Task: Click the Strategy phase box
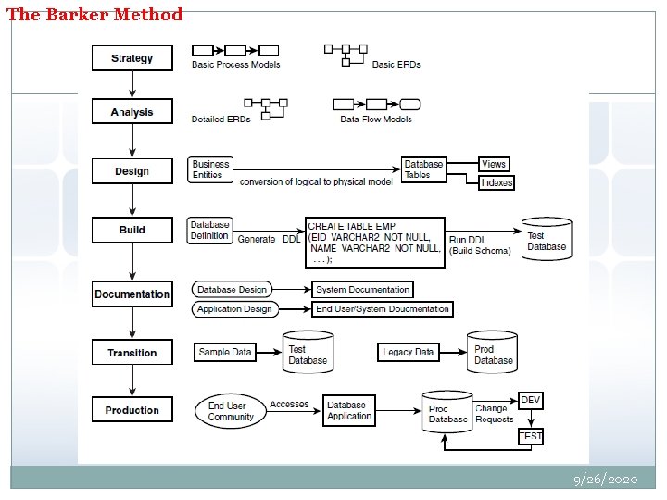pyautogui.click(x=132, y=58)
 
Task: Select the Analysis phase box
pyautogui.click(x=132, y=112)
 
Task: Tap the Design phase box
pyautogui.click(x=132, y=171)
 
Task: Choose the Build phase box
pyautogui.click(x=132, y=230)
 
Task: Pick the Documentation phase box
pyautogui.click(x=132, y=294)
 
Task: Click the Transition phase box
pyautogui.click(x=132, y=353)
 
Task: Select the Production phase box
pyautogui.click(x=132, y=410)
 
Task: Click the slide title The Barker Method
pyautogui.click(x=94, y=14)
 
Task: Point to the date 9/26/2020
pyautogui.click(x=606, y=480)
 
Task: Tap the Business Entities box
pyautogui.click(x=210, y=169)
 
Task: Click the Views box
pyautogui.click(x=494, y=164)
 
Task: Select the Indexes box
pyautogui.click(x=497, y=182)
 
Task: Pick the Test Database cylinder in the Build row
pyautogui.click(x=547, y=240)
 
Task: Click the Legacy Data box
pyautogui.click(x=409, y=352)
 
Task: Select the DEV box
pyautogui.click(x=530, y=400)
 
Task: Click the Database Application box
pyautogui.click(x=349, y=410)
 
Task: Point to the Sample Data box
pyautogui.click(x=225, y=352)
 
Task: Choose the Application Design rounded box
pyautogui.click(x=234, y=309)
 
